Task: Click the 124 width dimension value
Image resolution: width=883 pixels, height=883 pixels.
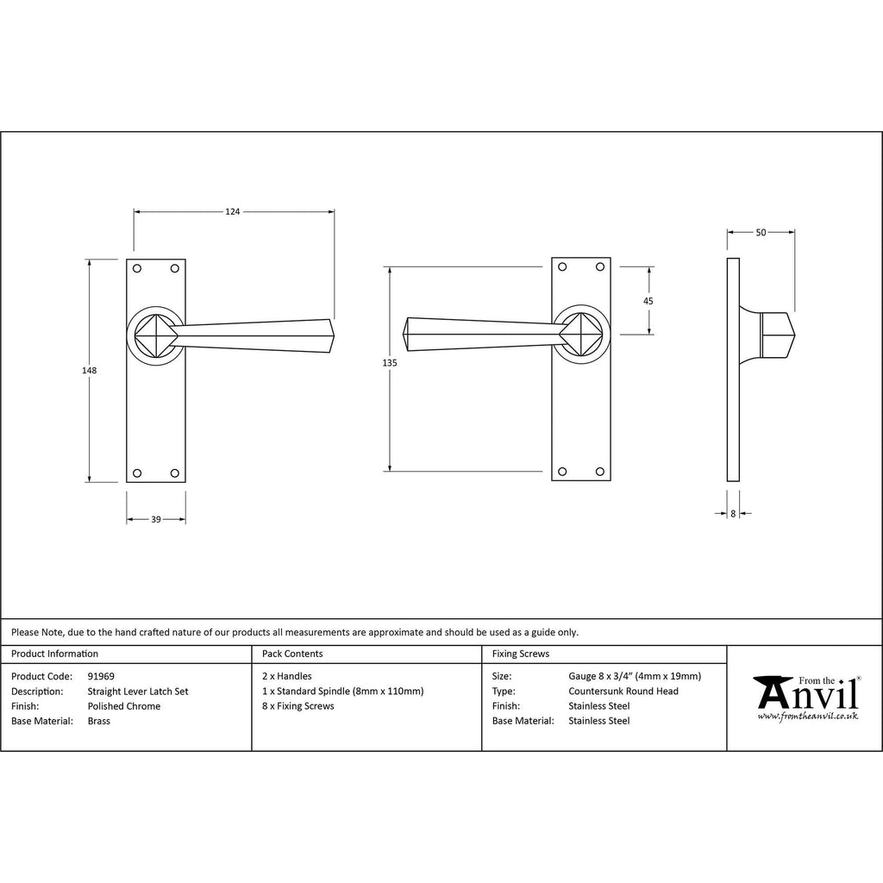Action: click(x=232, y=210)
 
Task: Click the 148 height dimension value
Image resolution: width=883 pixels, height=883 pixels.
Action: click(x=89, y=370)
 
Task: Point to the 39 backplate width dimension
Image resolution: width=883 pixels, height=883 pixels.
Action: click(x=156, y=519)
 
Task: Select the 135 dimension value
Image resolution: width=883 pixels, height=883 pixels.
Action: click(x=390, y=363)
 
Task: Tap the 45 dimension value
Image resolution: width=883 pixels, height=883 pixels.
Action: click(x=648, y=301)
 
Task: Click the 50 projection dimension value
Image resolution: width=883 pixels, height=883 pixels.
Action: click(x=761, y=232)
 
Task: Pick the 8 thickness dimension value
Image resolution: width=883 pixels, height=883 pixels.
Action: click(x=733, y=513)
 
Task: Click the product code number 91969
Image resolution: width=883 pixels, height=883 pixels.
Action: click(x=101, y=676)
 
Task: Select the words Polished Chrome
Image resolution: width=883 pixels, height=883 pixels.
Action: click(x=124, y=706)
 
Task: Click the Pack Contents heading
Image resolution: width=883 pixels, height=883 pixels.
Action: click(x=292, y=654)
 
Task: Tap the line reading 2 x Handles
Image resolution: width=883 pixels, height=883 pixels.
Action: click(x=287, y=676)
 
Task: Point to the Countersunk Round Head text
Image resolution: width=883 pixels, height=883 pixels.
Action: click(x=623, y=691)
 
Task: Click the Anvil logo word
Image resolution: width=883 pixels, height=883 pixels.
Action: click(x=807, y=693)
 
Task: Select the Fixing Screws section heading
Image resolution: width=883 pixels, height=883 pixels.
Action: click(x=520, y=654)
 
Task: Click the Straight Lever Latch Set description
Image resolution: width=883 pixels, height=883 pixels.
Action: click(x=138, y=691)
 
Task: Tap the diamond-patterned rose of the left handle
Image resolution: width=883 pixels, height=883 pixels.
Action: click(x=156, y=334)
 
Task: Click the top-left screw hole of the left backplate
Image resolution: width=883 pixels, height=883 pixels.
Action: click(x=137, y=268)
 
